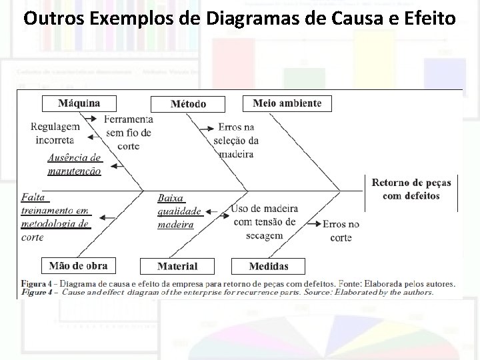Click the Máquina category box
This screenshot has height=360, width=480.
pos(79,103)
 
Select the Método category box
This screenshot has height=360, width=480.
pos(188,104)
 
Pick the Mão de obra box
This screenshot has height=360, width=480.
pos(79,265)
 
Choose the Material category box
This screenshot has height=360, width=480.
pos(177,266)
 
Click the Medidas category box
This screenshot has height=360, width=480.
pos(268,266)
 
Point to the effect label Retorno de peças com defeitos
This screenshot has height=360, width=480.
pos(411,189)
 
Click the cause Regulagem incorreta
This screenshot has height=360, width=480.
pos(55,133)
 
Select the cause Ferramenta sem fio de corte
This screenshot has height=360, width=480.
pos(128,133)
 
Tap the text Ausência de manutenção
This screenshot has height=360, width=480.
pos(75,164)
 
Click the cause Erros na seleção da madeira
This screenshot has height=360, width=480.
pos(236,141)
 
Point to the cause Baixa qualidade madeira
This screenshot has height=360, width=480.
pos(179,211)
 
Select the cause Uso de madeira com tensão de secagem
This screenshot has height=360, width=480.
pos(264,222)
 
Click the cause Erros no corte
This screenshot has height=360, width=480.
pos(341,231)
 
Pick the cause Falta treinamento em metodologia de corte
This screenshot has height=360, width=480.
pos(55,217)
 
